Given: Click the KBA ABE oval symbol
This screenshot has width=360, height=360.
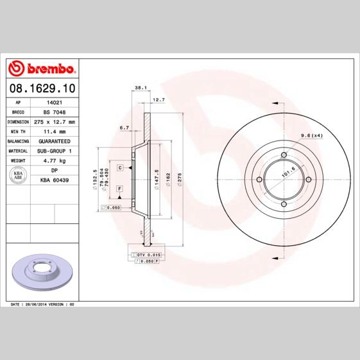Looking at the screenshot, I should click(x=19, y=175).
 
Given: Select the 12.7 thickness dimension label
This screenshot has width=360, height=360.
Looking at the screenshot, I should click(x=159, y=99).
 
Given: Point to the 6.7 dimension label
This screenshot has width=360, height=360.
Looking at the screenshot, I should click(x=125, y=128).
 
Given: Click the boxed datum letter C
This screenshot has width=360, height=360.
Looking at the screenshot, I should click(x=120, y=167).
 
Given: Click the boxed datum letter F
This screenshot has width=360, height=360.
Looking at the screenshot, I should click(x=120, y=187).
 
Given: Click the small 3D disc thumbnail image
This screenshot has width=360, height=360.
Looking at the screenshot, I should click(x=42, y=272).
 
